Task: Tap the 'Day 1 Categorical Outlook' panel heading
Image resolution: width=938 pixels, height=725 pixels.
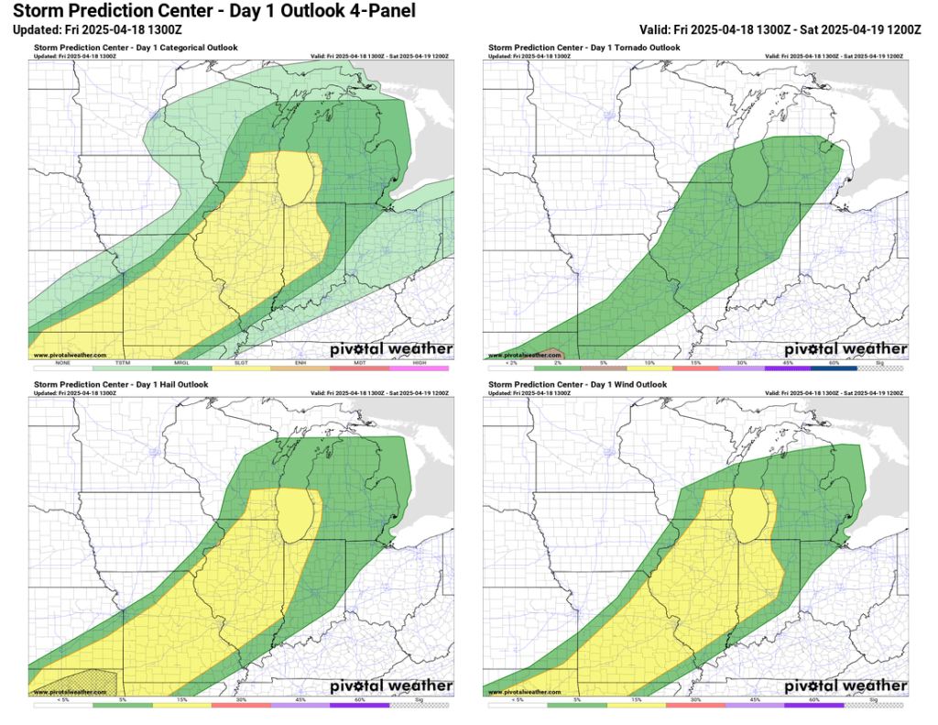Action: coord(135,47)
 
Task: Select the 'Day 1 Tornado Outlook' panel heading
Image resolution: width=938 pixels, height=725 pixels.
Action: coord(584,47)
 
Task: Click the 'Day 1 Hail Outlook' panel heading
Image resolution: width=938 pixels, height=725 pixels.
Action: coord(121,384)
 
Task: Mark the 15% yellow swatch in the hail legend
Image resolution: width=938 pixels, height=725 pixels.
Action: coord(182,705)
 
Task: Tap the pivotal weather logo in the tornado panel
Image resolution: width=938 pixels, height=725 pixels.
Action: coord(845,349)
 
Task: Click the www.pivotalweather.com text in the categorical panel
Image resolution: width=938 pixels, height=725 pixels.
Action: coord(70,355)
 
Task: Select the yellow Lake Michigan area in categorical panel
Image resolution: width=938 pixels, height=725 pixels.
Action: coord(298,179)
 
